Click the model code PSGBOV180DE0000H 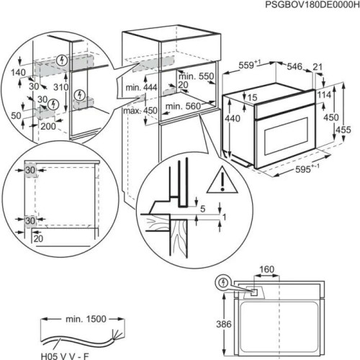click(x=310, y=6)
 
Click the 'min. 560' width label click(x=183, y=106)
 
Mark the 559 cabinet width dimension click(x=250, y=64)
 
